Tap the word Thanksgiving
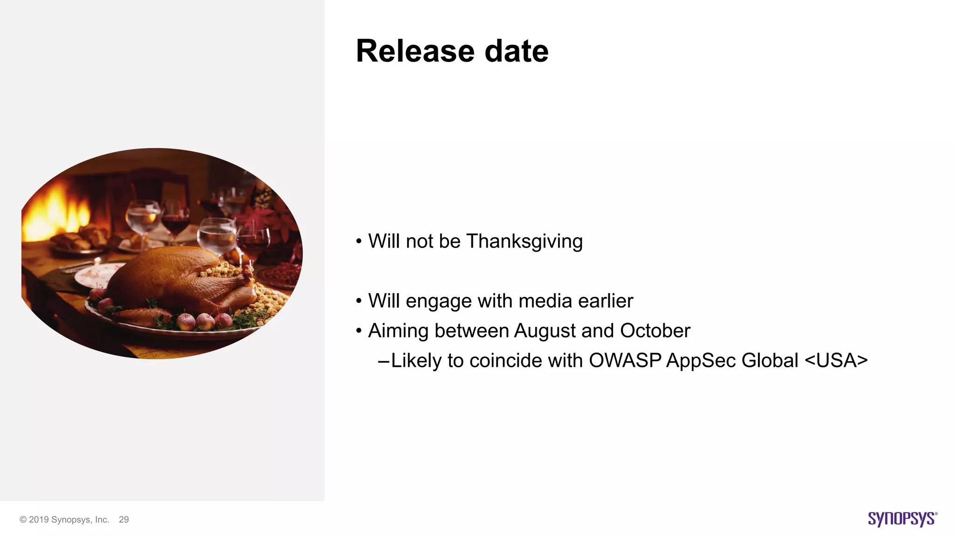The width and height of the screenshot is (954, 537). tap(524, 241)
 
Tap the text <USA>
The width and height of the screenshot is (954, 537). tap(836, 360)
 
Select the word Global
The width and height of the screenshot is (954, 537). tap(770, 360)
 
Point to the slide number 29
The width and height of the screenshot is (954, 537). tap(124, 520)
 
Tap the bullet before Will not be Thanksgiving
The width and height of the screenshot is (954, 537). tap(359, 241)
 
